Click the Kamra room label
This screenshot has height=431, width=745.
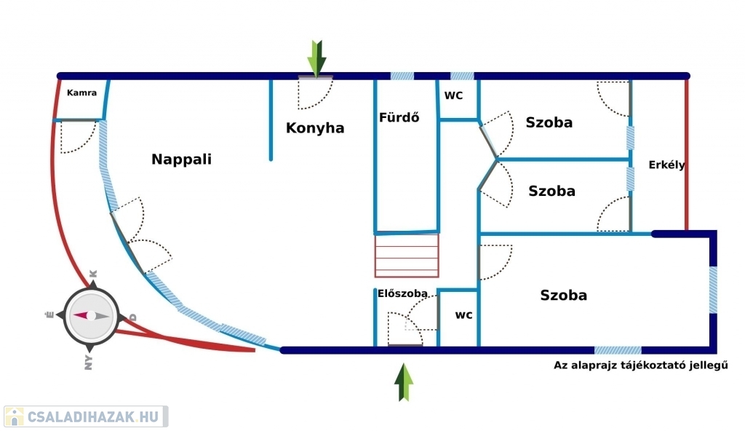[81, 93]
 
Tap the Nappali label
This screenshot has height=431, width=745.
[181, 159]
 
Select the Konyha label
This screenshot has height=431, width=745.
[315, 128]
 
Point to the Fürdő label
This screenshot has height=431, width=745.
[399, 117]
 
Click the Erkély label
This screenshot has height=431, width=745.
[666, 165]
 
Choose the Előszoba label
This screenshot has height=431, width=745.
[397, 294]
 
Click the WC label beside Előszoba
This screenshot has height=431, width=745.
[463, 315]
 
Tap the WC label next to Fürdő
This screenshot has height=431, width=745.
[454, 95]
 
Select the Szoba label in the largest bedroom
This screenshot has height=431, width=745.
[563, 296]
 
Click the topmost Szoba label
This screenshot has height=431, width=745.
[549, 122]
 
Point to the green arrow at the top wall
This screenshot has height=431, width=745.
[316, 58]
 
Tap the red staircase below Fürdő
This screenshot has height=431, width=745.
[407, 256]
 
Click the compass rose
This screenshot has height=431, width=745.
[90, 316]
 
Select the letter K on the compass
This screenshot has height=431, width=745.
[92, 274]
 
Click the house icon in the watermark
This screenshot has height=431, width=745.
[14, 416]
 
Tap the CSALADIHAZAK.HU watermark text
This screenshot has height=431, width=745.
[92, 416]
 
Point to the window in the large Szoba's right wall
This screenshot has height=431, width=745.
[713, 290]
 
